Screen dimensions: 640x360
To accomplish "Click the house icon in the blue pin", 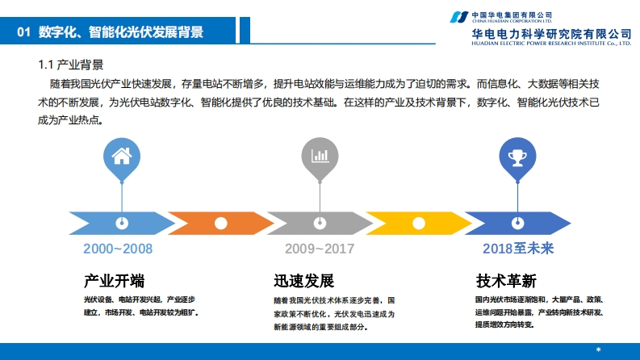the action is tap(121, 155).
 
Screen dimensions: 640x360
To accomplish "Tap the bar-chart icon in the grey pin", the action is tap(320, 155).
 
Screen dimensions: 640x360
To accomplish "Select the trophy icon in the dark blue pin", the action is tap(517, 155).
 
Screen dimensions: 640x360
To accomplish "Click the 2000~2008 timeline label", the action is tap(118, 249).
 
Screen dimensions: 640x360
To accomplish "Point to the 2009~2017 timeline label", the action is tap(319, 249).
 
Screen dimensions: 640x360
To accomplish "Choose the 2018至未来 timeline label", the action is tap(518, 249).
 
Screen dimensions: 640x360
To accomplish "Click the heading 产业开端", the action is tap(115, 282).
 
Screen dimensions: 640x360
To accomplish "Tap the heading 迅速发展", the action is tap(303, 282).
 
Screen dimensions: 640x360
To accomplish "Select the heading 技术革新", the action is tap(506, 282).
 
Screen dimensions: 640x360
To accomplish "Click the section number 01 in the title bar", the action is tap(23, 32).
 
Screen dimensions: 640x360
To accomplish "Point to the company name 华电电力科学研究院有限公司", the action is tap(551, 33).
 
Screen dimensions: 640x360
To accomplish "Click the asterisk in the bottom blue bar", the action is tap(598, 350).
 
